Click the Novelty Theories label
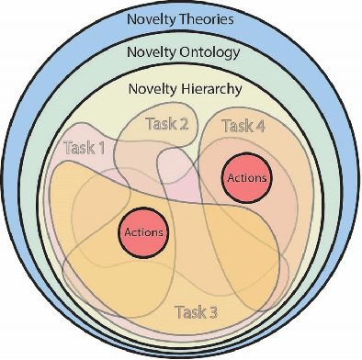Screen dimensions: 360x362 point(180,18)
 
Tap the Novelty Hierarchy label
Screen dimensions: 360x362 point(181,89)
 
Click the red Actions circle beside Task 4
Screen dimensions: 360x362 point(245,177)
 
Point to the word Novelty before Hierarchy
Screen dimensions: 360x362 point(151,89)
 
